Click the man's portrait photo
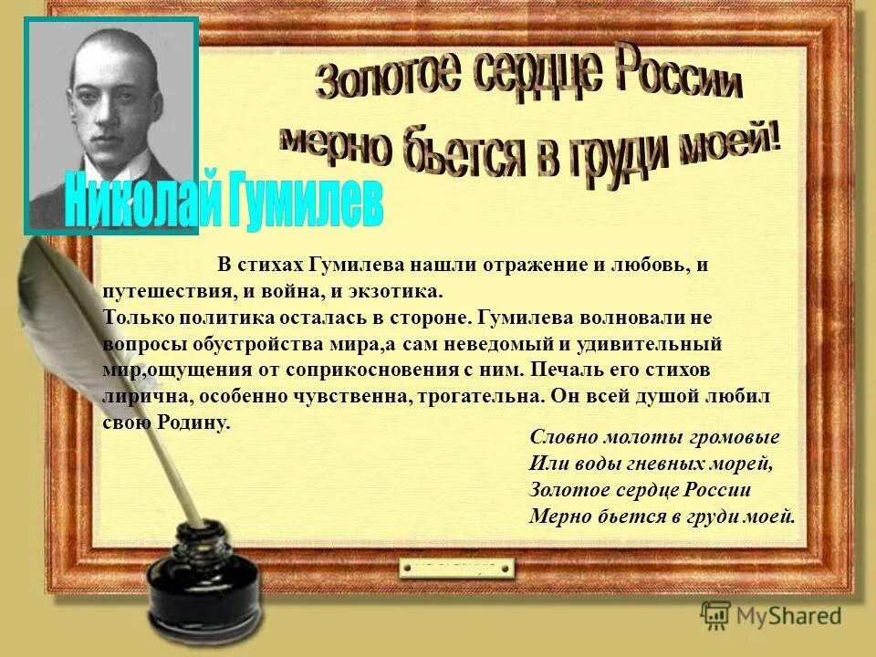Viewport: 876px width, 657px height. pyautogui.click(x=112, y=123)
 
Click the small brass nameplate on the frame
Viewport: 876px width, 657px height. pyautogui.click(x=456, y=568)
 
